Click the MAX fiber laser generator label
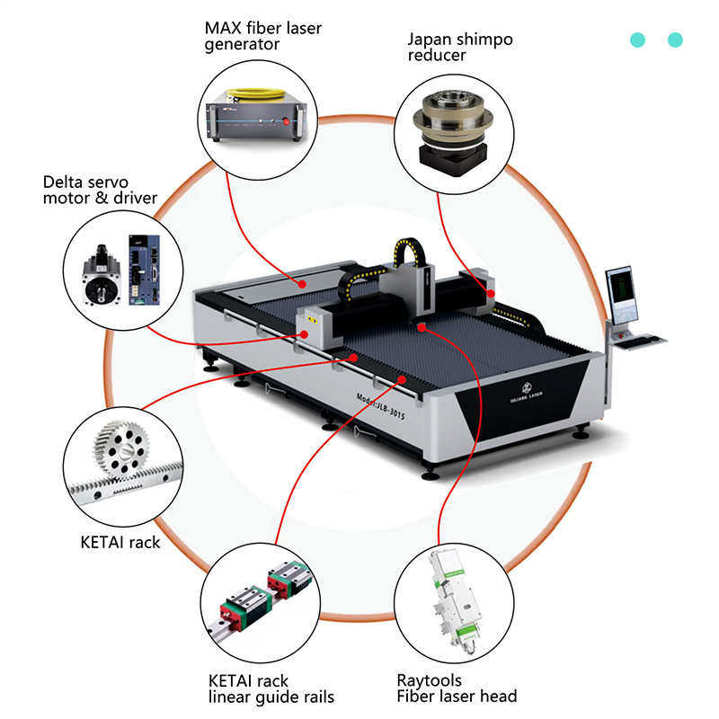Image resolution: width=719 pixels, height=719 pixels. (262, 36)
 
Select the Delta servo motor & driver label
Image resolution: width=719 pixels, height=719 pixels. (100, 190)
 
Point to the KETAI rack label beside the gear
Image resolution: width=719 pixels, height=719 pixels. (120, 542)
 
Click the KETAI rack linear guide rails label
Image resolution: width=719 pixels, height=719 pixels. (271, 688)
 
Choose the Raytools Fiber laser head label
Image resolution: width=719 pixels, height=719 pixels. (457, 688)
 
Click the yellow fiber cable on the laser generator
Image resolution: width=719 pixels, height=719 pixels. (257, 92)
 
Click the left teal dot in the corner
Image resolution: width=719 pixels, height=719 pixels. (638, 40)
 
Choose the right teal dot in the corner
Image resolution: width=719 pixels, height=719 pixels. (676, 40)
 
